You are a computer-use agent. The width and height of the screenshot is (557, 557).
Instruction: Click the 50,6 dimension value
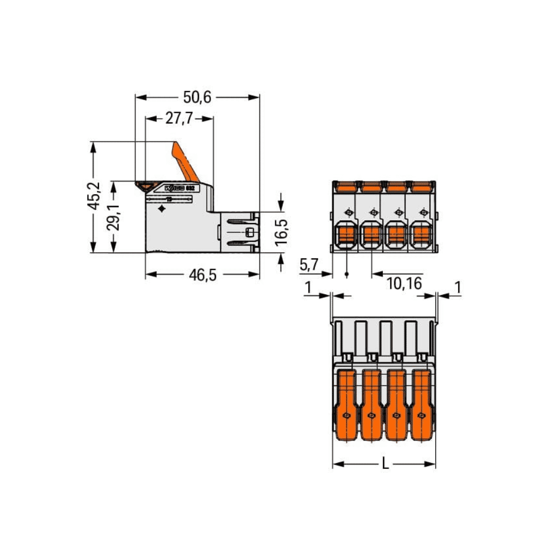point(197,97)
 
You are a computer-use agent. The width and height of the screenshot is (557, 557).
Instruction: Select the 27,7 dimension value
point(180,119)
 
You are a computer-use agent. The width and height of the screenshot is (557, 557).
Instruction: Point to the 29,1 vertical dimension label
point(114,218)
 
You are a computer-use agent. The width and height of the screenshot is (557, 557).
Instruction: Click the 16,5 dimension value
point(281,232)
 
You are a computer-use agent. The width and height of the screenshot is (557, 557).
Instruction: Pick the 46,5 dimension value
point(202,275)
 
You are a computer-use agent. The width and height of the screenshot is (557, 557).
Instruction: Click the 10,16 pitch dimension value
point(404,283)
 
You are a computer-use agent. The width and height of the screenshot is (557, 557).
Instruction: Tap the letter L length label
point(385,464)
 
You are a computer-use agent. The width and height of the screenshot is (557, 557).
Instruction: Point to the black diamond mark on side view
point(162,209)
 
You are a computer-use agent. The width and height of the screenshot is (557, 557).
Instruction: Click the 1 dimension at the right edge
point(457,287)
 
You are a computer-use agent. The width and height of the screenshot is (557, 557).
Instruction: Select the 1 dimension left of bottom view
point(308,287)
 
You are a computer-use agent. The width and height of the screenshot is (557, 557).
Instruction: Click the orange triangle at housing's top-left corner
point(145,186)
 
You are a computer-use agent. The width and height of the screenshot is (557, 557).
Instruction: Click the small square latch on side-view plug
point(250,232)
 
